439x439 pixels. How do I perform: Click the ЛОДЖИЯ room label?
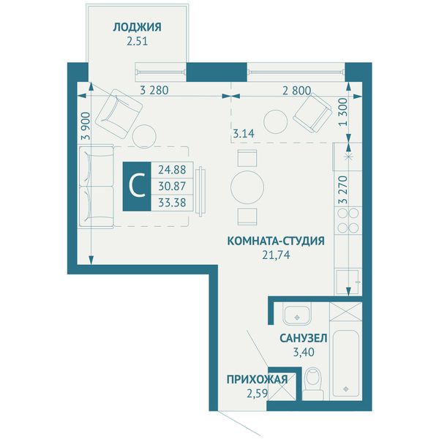[138, 27]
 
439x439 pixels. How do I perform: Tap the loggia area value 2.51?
[138, 42]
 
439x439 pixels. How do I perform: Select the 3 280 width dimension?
[154, 91]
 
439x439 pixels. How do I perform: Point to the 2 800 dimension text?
[297, 91]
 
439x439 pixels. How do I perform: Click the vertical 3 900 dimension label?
[86, 126]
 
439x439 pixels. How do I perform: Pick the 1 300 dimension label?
[343, 112]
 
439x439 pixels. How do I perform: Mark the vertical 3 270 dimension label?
[343, 190]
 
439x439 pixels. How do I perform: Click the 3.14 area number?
[244, 134]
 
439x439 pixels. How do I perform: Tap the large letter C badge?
[137, 186]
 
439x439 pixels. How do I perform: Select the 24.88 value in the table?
[172, 170]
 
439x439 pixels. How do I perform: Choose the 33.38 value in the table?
[172, 202]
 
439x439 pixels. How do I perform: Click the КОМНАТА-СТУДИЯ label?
[276, 241]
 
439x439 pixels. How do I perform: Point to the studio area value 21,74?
[276, 255]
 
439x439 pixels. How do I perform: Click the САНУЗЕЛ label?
[304, 338]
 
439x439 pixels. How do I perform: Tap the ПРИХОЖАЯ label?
[257, 380]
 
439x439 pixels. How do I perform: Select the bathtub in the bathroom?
[346, 364]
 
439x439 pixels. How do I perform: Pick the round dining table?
[247, 187]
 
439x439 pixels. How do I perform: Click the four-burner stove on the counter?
[348, 221]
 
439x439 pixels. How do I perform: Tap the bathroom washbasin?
[297, 314]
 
